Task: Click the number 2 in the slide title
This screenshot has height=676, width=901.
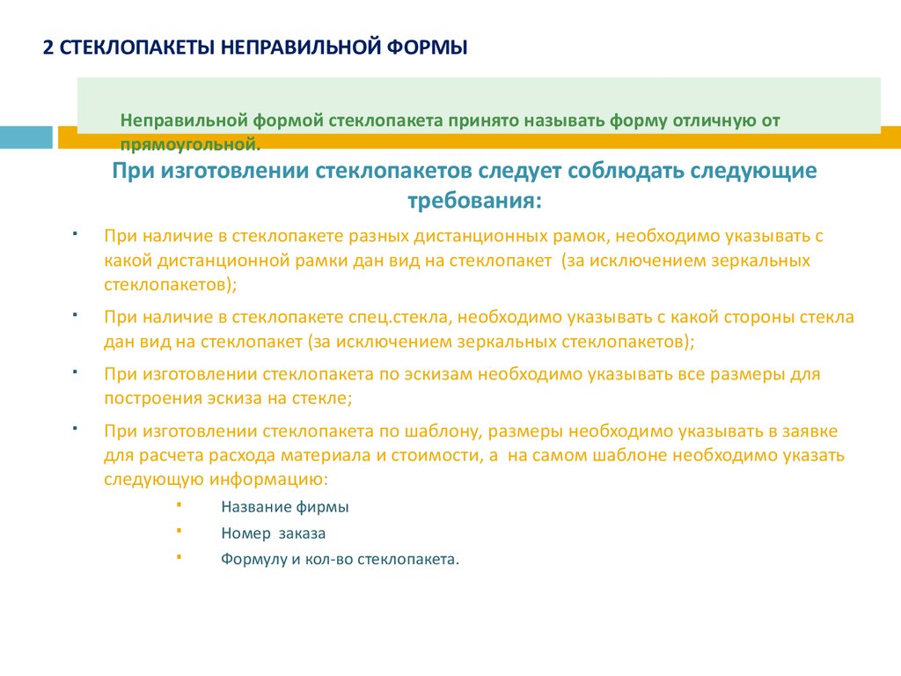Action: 49,47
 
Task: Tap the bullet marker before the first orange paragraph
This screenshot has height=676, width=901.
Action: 76,234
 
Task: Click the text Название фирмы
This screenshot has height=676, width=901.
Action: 284,508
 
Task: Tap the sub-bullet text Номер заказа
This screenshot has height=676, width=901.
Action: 273,533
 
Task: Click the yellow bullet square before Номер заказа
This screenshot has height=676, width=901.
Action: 179,531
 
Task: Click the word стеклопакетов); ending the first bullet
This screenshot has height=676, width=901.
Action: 170,284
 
